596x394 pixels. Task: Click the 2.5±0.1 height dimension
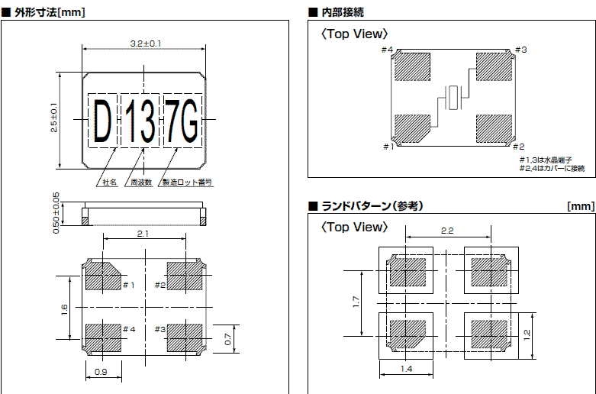coord(53,118)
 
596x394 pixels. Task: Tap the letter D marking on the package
coord(101,121)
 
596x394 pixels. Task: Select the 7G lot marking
coord(182,121)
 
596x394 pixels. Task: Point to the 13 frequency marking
coord(141,121)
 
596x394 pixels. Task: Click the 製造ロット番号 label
coord(187,183)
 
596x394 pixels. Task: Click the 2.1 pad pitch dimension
coord(143,234)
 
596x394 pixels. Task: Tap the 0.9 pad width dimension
coord(101,373)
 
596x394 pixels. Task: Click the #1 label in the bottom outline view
coord(129,285)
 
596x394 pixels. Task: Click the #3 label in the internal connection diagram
coord(520,50)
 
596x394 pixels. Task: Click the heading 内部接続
coord(343,12)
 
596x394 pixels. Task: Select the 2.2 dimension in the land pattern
coord(449,230)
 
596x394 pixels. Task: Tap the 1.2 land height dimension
coord(527,335)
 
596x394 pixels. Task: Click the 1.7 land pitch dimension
coord(356,302)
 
